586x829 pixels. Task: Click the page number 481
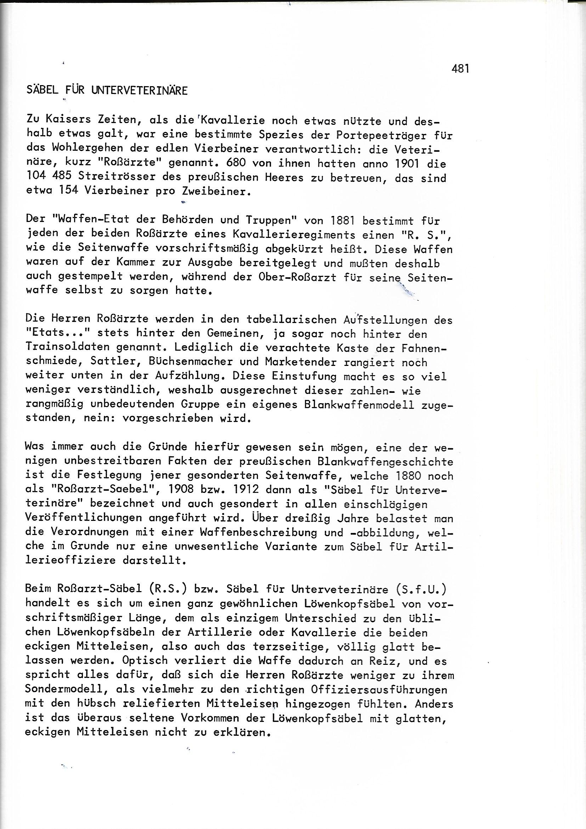tap(460, 68)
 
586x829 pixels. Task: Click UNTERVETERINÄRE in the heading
tap(140, 90)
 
